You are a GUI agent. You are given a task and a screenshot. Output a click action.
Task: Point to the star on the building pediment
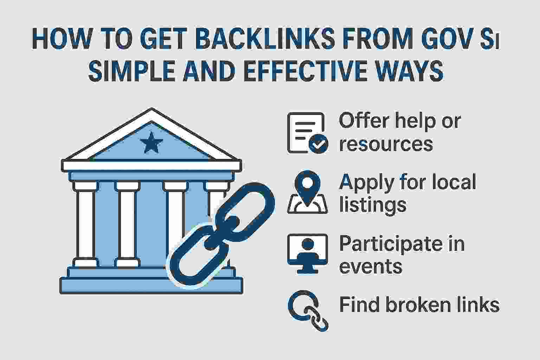click(152, 143)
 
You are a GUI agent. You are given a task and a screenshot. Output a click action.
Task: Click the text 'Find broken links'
click(419, 304)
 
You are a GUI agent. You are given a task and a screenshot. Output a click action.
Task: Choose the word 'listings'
click(373, 205)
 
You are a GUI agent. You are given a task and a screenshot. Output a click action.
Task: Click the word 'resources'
click(386, 144)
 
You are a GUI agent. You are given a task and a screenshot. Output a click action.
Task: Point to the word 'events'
click(371, 266)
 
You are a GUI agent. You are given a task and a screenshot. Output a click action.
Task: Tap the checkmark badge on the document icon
click(319, 144)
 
